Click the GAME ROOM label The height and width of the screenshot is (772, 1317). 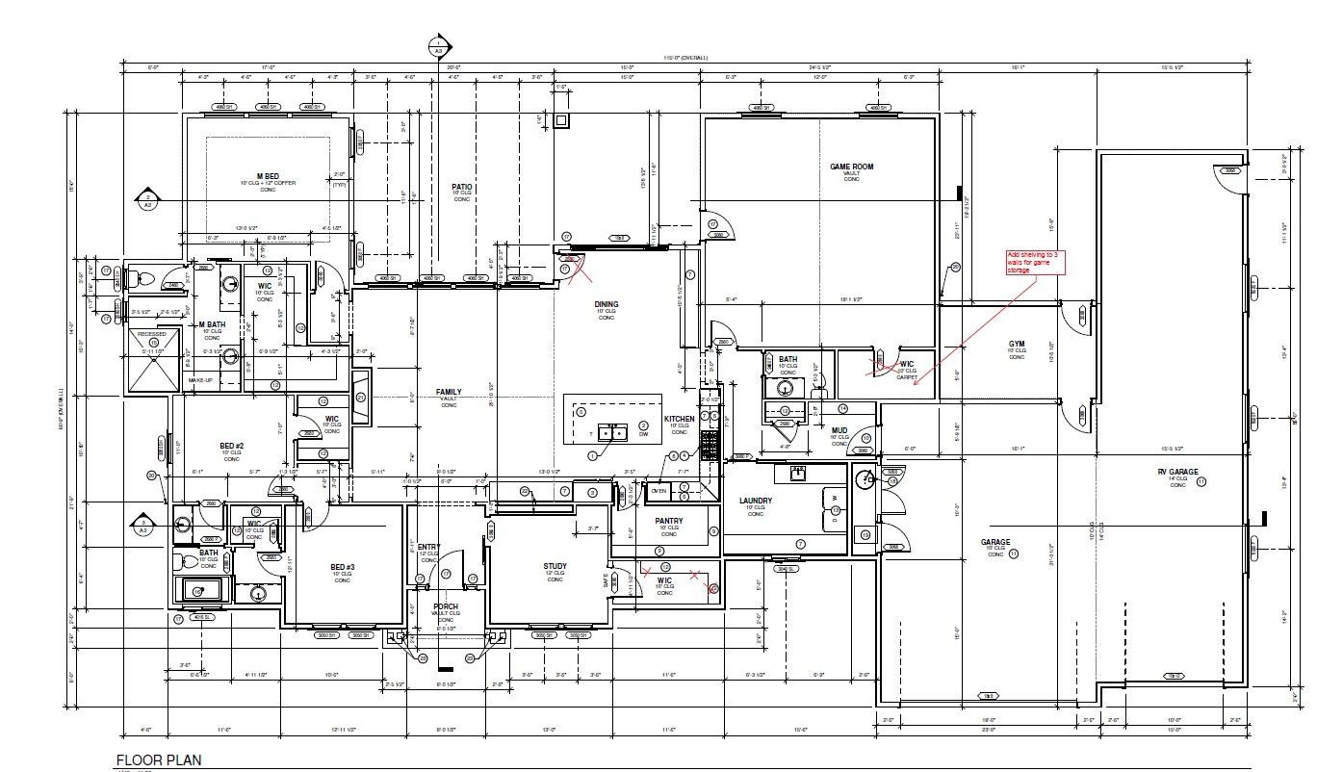click(851, 167)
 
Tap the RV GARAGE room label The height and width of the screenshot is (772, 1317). click(1177, 472)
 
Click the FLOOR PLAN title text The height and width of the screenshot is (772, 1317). click(159, 759)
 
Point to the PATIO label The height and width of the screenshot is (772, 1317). click(462, 187)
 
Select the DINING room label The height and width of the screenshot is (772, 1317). click(606, 305)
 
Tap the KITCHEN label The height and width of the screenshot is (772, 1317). click(679, 419)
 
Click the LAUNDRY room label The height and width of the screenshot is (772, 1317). click(756, 501)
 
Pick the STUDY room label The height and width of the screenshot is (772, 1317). click(555, 566)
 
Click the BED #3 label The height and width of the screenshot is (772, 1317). click(342, 567)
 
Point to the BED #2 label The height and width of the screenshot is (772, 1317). click(232, 446)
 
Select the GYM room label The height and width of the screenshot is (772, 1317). click(1017, 344)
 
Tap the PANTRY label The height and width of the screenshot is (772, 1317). click(669, 521)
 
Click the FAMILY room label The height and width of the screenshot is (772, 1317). click(449, 392)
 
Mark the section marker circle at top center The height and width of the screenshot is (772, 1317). click(439, 45)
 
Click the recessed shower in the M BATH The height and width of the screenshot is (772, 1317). click(153, 359)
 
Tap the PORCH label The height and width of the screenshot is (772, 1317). click(446, 606)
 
